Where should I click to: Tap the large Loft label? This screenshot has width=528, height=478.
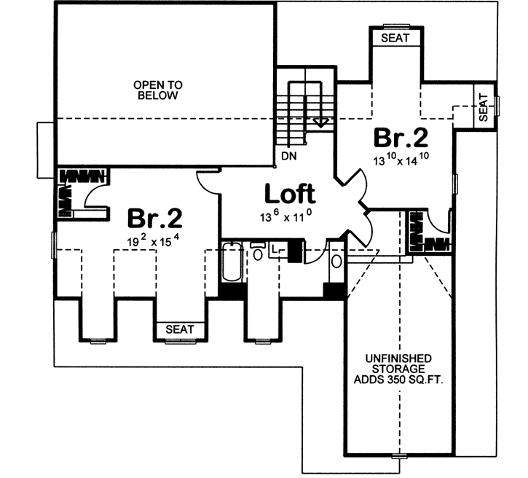[289, 194]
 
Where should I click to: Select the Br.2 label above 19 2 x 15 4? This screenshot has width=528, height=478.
[154, 218]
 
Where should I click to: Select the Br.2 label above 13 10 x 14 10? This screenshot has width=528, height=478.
[400, 137]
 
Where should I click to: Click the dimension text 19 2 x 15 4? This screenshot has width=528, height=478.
[154, 240]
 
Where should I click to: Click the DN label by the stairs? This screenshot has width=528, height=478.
[289, 154]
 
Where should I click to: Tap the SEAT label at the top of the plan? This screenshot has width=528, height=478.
[395, 38]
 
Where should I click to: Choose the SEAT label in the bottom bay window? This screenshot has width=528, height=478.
[179, 329]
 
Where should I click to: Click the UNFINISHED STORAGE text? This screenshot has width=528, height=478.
[400, 364]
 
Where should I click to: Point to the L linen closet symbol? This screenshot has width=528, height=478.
[275, 250]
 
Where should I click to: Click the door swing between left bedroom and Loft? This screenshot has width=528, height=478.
[208, 182]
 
